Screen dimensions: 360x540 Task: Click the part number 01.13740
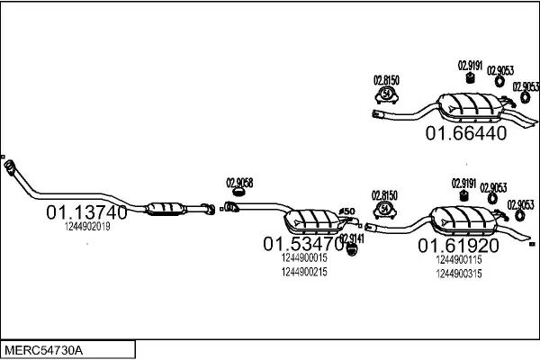pos(86,213)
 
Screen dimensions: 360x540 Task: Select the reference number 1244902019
pos(87,227)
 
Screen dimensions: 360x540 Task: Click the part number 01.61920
pos(456,244)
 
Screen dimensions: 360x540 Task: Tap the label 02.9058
pos(238,183)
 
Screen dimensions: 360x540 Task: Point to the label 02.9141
pos(352,238)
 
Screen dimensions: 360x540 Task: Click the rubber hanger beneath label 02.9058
pos(238,193)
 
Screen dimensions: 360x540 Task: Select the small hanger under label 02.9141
pos(352,248)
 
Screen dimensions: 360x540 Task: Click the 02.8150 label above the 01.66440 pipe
pos(386,80)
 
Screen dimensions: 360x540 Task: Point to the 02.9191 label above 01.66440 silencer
pos(470,64)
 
